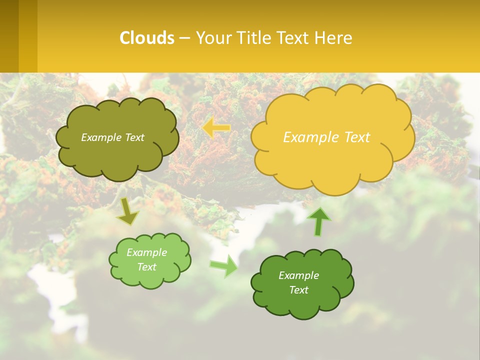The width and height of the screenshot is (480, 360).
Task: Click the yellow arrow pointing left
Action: (x=216, y=128)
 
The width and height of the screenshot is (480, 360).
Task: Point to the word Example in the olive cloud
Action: (x=100, y=137)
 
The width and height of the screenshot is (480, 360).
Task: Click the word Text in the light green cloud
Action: (x=147, y=267)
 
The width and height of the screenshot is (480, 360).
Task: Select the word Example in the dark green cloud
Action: (x=298, y=275)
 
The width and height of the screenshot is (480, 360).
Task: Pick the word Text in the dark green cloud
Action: (x=298, y=290)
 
